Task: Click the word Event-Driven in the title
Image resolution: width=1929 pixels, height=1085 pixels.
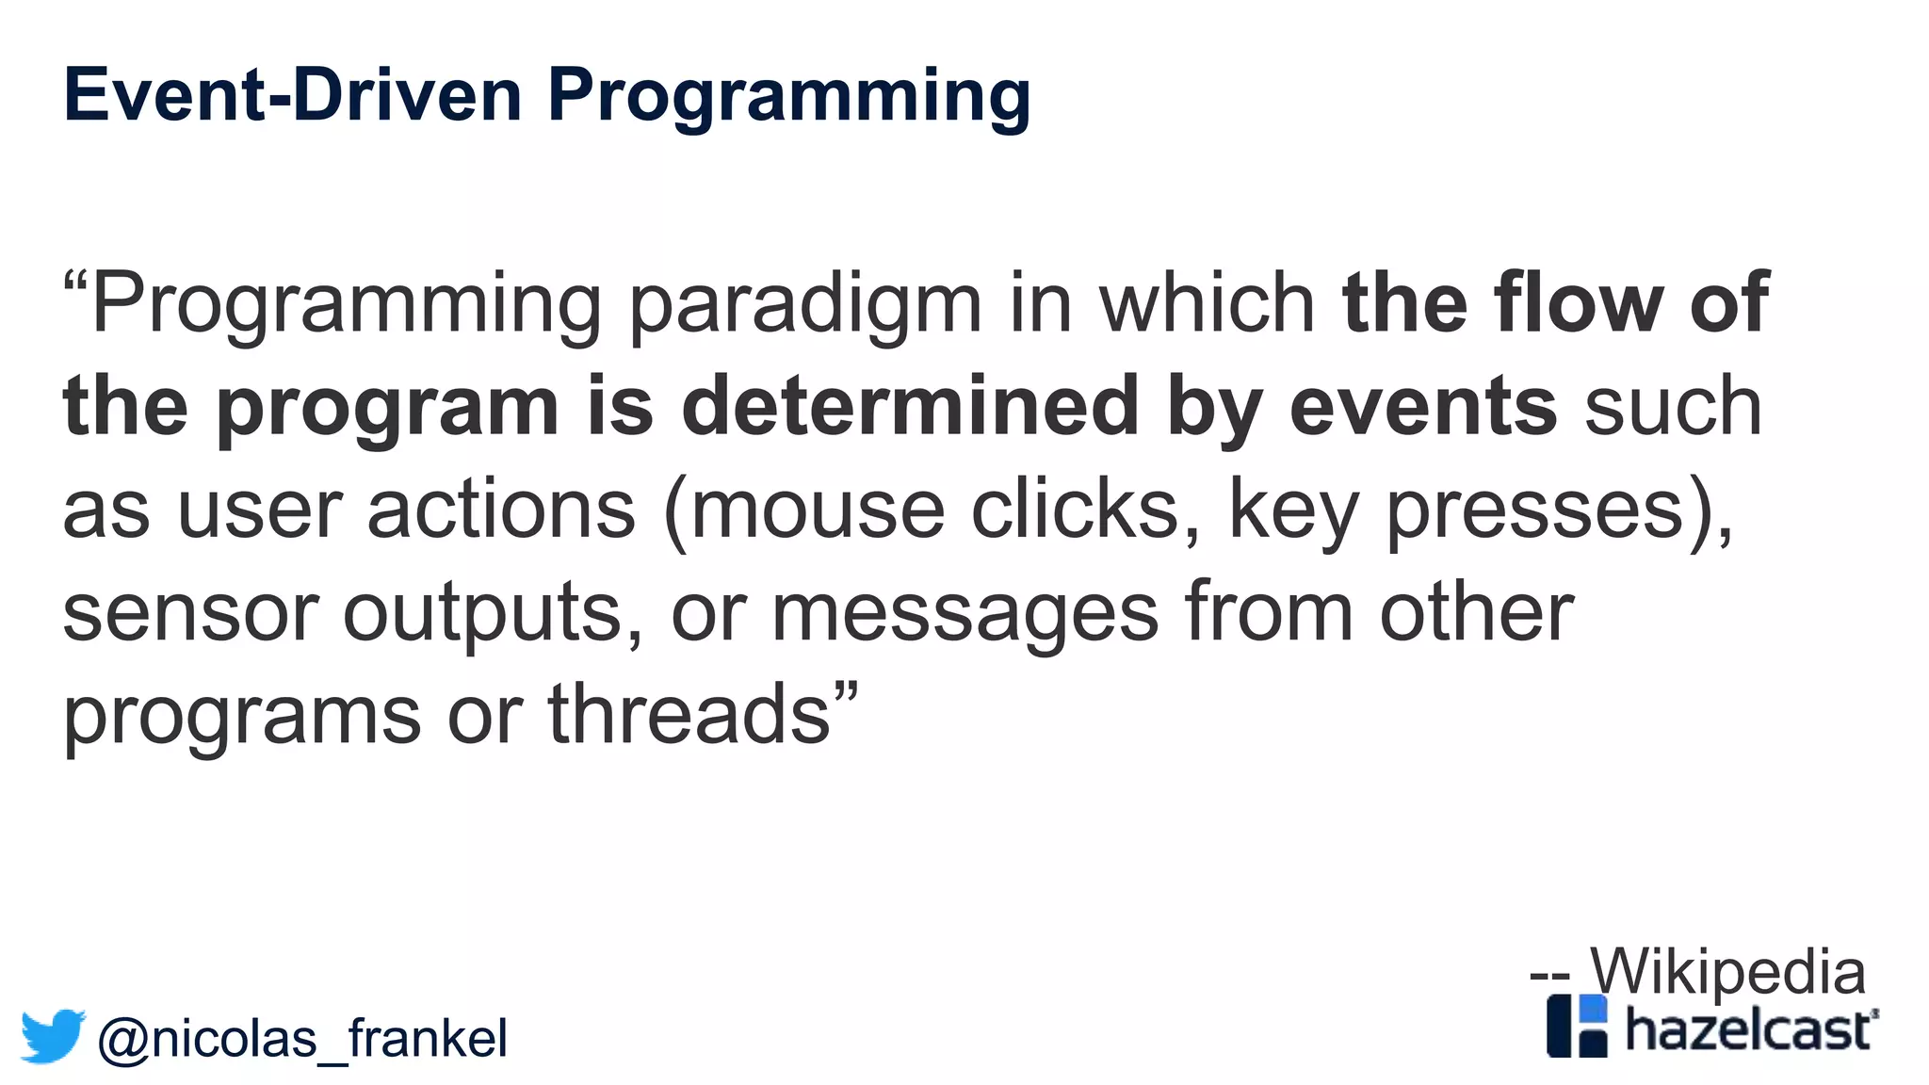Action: coord(292,95)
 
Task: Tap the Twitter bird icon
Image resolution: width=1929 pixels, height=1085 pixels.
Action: coord(53,1036)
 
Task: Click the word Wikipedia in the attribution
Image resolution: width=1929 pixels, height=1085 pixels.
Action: coord(1727,971)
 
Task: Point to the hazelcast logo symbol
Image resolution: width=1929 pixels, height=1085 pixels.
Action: coord(1577,1026)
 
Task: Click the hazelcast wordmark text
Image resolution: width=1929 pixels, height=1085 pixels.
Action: coord(1750,1029)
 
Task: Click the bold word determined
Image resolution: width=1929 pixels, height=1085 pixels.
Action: coord(910,407)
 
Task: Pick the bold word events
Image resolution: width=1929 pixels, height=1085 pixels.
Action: coord(1422,407)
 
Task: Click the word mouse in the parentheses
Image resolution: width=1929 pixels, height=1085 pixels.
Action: coord(818,510)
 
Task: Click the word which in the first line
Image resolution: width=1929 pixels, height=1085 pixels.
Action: coord(1208,303)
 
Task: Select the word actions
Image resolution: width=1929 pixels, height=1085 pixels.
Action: coord(501,510)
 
